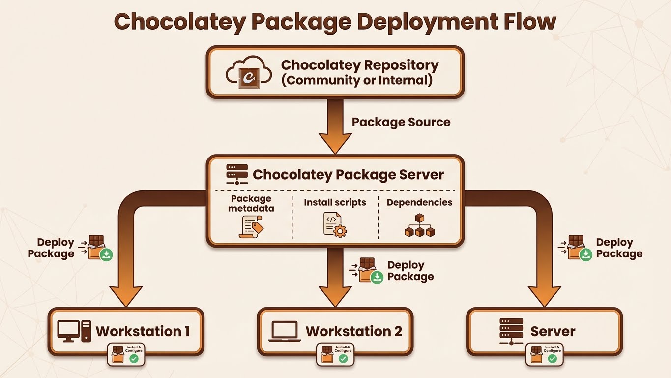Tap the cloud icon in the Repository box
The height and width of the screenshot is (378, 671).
pos(248,72)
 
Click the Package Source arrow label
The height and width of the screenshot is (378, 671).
pos(401,122)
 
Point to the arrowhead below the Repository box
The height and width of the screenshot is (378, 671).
pos(335,143)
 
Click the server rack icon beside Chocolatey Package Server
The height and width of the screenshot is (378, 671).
pos(237,174)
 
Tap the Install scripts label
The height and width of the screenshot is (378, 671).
pos(335,202)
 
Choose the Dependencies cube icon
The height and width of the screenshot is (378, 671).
pos(419,226)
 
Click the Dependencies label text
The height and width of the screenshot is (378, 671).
pos(419,202)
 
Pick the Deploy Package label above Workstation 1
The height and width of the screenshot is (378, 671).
pos(51,248)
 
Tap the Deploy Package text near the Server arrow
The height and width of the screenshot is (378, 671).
pos(618,248)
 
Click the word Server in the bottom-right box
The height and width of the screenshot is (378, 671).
pos(553,331)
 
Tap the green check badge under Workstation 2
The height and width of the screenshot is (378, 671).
pos(343,359)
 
